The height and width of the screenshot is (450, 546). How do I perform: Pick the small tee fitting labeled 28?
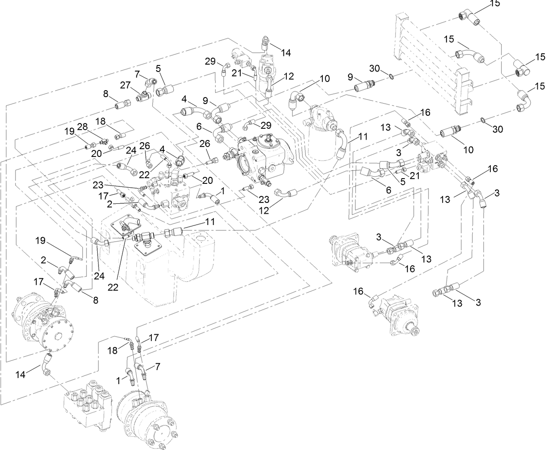pyautogui.click(x=103, y=141)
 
